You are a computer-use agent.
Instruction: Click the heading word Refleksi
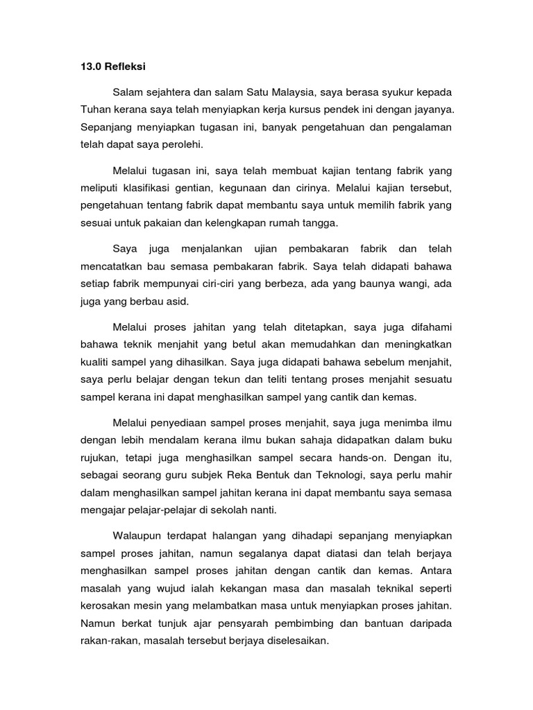click(123, 67)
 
